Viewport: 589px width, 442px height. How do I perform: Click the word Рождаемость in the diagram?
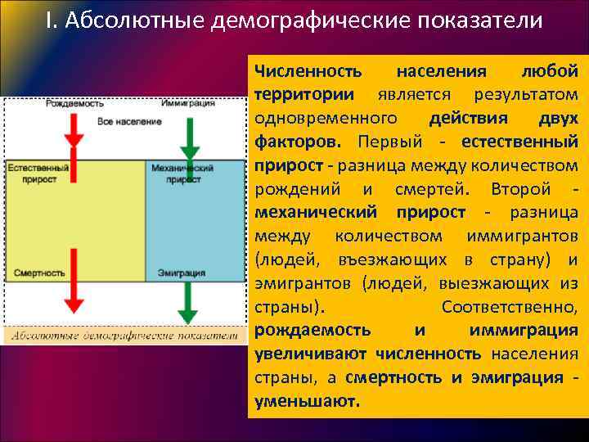74,104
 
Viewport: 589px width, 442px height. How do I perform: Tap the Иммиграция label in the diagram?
188,104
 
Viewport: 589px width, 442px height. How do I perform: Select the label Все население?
129,121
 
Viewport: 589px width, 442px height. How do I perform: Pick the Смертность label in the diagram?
39,273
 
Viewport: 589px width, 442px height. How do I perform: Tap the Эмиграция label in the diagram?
182,273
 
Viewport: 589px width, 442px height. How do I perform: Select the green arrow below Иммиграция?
189,135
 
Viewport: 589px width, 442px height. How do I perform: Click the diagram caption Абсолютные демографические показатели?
124,334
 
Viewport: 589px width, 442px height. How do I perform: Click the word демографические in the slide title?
303,20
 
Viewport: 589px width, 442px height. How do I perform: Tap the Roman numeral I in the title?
49,20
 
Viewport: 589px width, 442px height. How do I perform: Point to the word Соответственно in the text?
509,307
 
